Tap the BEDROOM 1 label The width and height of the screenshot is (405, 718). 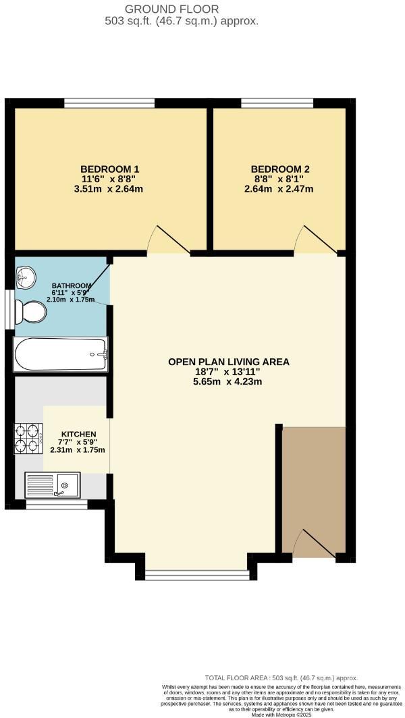pos(110,169)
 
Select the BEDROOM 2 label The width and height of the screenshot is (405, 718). pos(280,169)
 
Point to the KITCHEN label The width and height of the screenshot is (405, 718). pos(78,434)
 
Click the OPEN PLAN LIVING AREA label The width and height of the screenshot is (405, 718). pos(228,362)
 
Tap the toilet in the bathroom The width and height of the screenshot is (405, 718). pos(33,312)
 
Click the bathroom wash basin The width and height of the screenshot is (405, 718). pos(26,275)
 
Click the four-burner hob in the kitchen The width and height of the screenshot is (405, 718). pos(28,437)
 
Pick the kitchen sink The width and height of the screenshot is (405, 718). pos(53,484)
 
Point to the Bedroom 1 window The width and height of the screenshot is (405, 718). pos(109,103)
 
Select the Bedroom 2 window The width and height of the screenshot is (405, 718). pos(277,103)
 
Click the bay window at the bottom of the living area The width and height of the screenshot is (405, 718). pos(197,574)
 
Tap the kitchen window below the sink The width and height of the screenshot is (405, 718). pos(56,503)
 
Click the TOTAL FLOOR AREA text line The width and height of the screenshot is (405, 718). pos(281,678)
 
